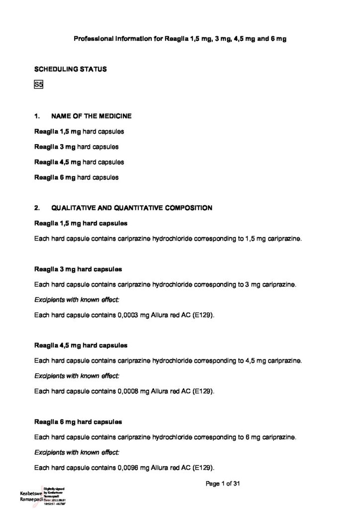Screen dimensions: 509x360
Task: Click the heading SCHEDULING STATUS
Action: tap(70, 69)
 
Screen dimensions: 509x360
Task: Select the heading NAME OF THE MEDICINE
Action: tap(91, 116)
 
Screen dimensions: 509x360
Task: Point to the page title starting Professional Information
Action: tap(180, 38)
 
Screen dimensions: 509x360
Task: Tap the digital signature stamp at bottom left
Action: tap(43, 496)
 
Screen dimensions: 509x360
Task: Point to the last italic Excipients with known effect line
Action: tap(77, 452)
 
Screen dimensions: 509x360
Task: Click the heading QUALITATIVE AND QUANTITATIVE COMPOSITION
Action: tap(131, 208)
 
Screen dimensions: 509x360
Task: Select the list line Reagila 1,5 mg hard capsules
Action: tap(79, 132)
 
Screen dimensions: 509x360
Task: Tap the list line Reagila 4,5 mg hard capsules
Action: tap(79, 162)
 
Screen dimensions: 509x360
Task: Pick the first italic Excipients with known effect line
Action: tap(77, 300)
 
